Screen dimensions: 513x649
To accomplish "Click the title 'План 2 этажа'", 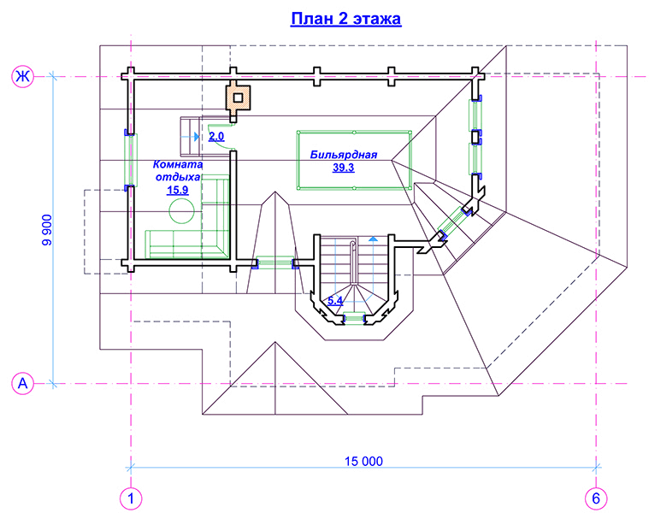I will point(345,19).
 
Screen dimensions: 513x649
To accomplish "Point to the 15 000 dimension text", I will point(363,461).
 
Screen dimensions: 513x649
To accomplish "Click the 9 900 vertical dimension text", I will point(47,230).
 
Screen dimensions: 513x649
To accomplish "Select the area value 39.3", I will point(344,168).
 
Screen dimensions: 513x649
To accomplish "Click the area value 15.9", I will point(176,191).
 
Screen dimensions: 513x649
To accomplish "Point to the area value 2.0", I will point(216,136).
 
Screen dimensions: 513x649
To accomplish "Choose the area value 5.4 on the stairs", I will point(336,301).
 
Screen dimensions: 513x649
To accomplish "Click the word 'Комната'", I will point(177,164).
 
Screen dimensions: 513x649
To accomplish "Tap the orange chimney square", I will point(238,97).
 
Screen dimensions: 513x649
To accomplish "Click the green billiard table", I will point(352,162).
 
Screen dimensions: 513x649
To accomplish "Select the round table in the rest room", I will point(181,210).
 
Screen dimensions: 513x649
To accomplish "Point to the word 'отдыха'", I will point(177,178).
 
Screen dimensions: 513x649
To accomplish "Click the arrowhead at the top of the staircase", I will point(373,241).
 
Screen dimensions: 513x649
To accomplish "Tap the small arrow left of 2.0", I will point(197,136).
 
